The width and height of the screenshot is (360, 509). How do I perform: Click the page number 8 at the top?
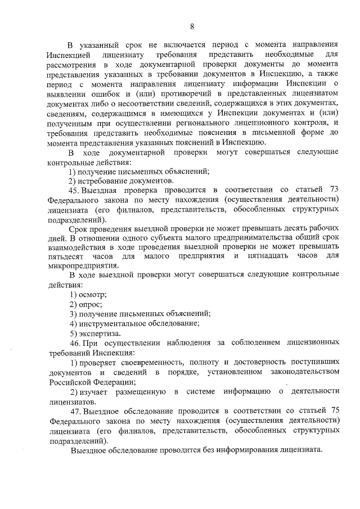coord(192,26)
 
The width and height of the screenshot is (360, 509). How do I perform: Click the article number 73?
coord(334,190)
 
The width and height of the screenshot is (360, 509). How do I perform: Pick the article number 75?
coord(334,411)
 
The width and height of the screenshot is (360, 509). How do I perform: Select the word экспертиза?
coord(98,332)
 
